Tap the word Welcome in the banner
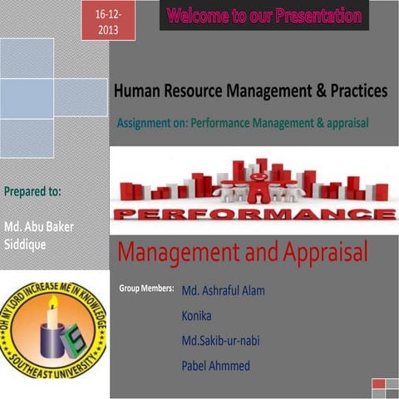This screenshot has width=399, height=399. coord(200,16)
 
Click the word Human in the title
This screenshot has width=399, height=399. coord(137,91)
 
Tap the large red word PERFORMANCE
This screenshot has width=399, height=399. coord(253,214)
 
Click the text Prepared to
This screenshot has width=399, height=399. coord(32,190)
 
